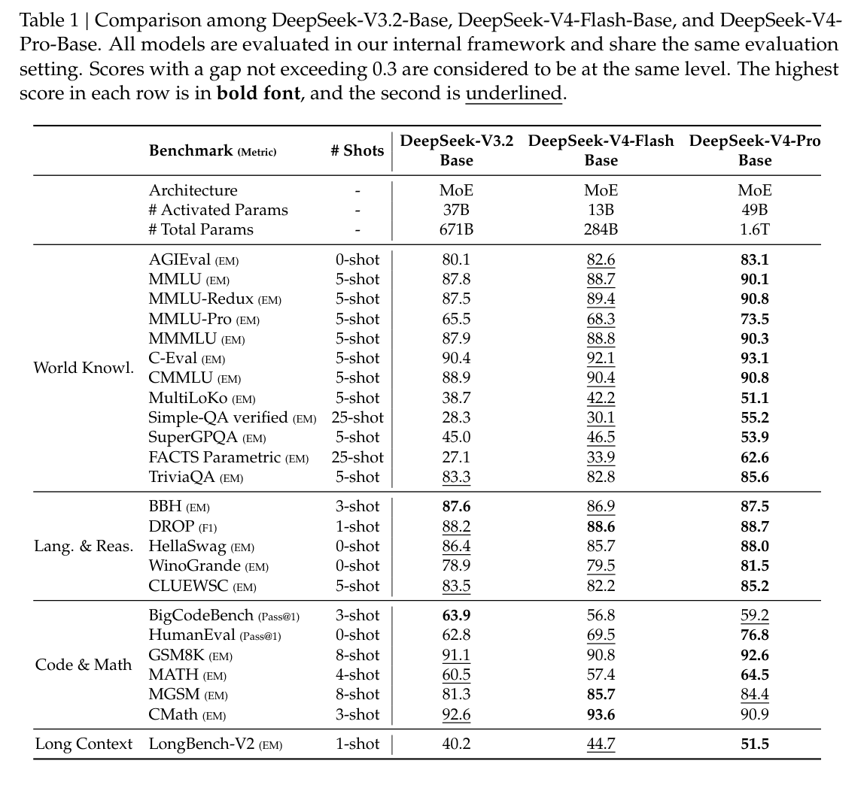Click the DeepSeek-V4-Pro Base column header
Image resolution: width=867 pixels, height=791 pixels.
pos(754,150)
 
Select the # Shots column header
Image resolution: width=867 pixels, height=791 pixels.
pos(357,150)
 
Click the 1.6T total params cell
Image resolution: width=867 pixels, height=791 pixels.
pos(754,229)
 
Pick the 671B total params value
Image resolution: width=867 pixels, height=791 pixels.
pos(456,229)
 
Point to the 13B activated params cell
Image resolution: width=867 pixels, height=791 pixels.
pos(601,210)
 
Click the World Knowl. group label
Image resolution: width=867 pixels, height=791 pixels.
pos(84,368)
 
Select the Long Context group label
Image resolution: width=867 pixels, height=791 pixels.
pos(84,744)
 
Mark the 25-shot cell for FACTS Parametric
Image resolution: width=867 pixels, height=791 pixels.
pos(357,457)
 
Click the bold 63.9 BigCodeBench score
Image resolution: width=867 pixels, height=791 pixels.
pos(456,615)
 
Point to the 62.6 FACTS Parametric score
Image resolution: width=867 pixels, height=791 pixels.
pos(754,457)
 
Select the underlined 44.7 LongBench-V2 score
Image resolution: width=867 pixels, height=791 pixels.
pos(601,744)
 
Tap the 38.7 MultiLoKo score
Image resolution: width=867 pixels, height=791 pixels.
pos(456,398)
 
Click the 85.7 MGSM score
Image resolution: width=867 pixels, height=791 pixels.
pos(601,694)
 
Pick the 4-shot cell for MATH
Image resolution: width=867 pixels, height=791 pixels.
pos(357,674)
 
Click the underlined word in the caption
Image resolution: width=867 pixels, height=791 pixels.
pos(513,94)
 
